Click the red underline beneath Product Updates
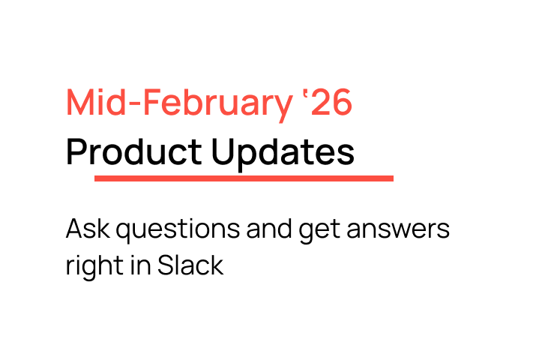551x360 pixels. point(244,178)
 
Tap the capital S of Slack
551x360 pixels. point(166,265)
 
